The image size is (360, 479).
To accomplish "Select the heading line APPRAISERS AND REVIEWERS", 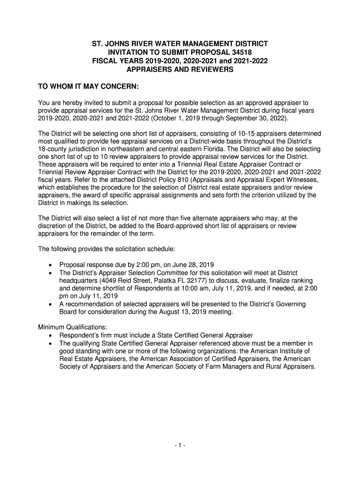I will tap(180, 70).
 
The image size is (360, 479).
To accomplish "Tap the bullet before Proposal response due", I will tap(50, 264).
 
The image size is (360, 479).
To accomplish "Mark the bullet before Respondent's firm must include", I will tap(50, 335).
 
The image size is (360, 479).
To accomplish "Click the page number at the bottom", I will tap(180, 445).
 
